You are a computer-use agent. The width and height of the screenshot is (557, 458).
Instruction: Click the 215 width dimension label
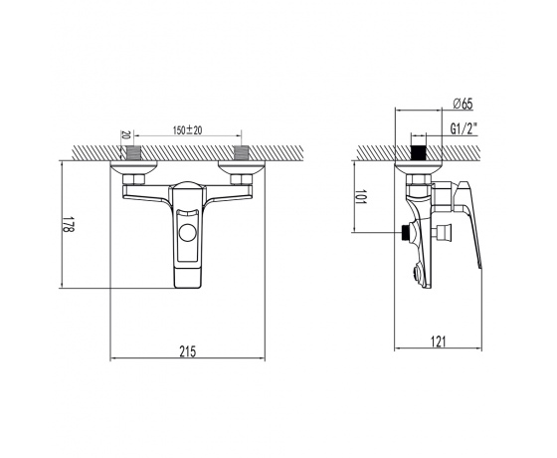[188, 351]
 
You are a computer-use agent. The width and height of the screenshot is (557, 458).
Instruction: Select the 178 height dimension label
[68, 224]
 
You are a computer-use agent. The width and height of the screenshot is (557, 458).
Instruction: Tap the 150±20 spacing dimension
[188, 130]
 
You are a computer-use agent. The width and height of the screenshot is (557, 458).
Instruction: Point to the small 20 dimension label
[124, 134]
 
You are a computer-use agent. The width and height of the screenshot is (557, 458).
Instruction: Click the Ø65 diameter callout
[463, 104]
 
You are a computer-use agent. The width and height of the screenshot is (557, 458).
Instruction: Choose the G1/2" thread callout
[464, 128]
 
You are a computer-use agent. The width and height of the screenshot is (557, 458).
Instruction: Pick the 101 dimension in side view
[361, 197]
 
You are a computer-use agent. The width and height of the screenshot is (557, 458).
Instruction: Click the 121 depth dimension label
[438, 342]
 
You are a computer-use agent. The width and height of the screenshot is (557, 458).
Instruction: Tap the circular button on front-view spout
[188, 233]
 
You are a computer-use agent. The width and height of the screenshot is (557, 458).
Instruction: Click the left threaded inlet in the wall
[134, 153]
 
